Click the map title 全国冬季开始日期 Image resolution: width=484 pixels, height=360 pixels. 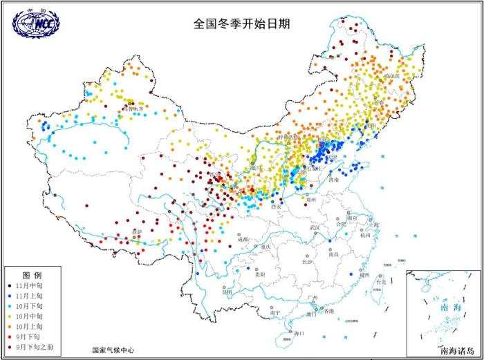tap(241, 23)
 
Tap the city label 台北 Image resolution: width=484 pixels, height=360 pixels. tap(380, 282)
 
